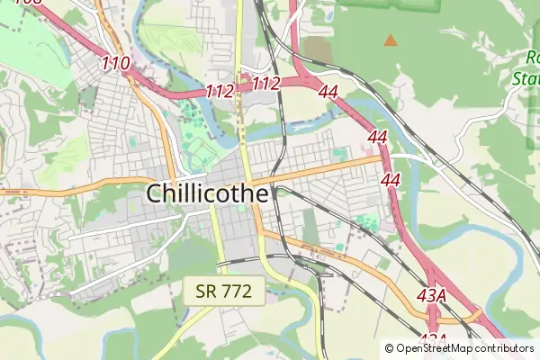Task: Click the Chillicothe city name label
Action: [x=207, y=193]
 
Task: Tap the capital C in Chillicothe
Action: [x=155, y=193]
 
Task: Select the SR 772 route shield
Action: [x=224, y=290]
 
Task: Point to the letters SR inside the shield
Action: [x=206, y=290]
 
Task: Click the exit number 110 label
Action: [x=116, y=63]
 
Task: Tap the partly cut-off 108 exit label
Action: [x=27, y=4]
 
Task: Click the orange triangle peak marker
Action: [x=390, y=40]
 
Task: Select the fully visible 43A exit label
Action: [x=432, y=294]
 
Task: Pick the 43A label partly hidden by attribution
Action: [x=432, y=338]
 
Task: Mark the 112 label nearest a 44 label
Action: [x=265, y=84]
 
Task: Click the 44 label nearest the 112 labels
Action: [x=328, y=92]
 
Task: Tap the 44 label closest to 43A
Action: [x=391, y=180]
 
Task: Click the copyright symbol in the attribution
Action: [x=390, y=348]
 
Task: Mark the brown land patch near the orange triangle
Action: [x=317, y=49]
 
